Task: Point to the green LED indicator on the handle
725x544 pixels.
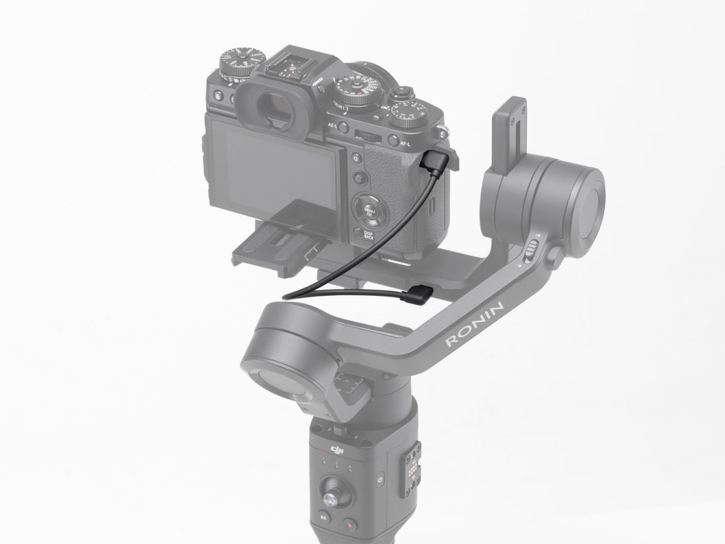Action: pyautogui.click(x=323, y=462)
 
